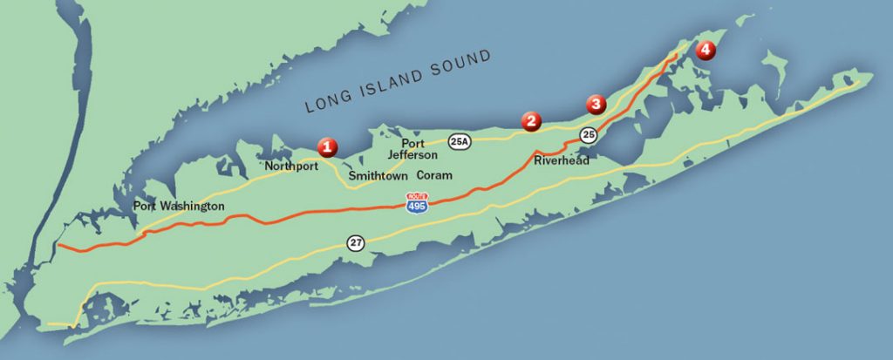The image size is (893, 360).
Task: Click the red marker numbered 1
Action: (x=327, y=146)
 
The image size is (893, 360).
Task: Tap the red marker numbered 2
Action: (x=531, y=121)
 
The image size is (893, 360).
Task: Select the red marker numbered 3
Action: (x=596, y=104)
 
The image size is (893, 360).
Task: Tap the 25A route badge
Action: (x=460, y=140)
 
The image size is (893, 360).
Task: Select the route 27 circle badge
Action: (x=355, y=242)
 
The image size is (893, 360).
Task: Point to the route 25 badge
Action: (x=589, y=134)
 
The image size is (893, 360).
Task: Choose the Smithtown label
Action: (x=378, y=175)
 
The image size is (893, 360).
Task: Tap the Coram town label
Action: (x=434, y=175)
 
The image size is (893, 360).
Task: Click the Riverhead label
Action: (x=562, y=160)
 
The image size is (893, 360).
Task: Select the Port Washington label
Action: (x=178, y=207)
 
